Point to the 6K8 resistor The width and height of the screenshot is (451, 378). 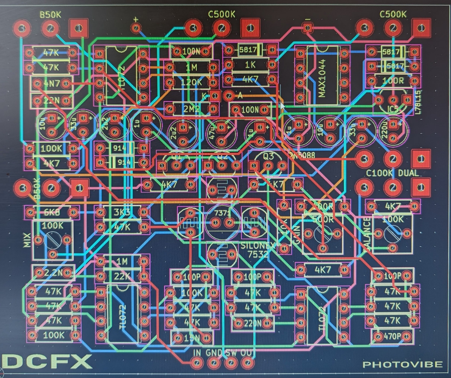click(52, 213)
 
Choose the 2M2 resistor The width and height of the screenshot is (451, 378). click(192, 109)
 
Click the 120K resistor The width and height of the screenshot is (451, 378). click(192, 82)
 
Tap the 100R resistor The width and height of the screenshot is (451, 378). click(393, 81)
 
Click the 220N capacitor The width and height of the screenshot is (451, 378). click(253, 323)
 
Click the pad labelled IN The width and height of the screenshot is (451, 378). click(197, 363)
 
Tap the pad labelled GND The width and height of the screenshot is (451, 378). click(214, 363)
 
